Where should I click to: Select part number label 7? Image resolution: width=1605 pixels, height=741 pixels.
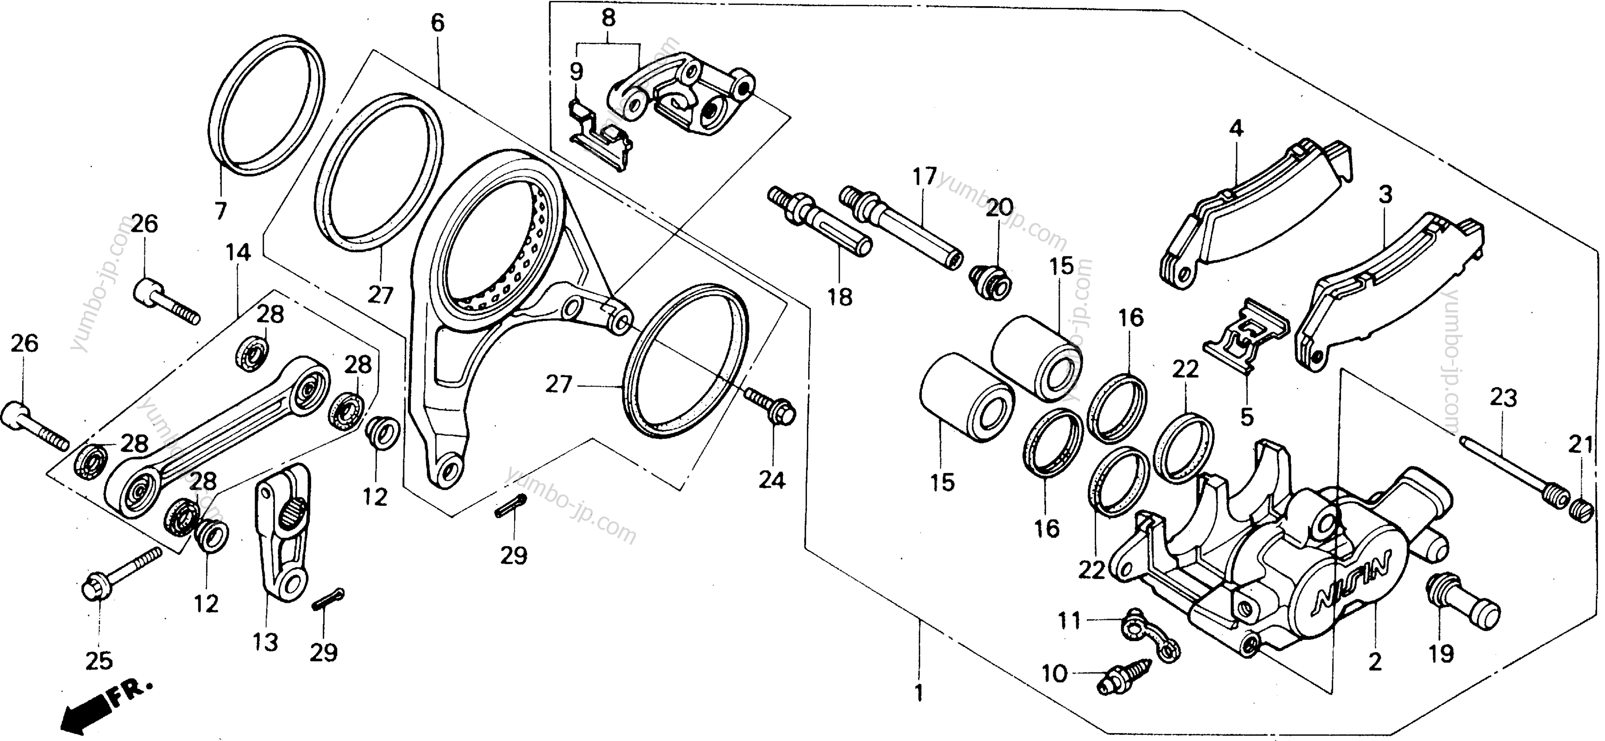(x=220, y=211)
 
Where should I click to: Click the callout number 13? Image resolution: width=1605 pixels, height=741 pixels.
(x=265, y=641)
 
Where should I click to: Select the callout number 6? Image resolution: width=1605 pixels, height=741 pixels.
(x=437, y=24)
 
